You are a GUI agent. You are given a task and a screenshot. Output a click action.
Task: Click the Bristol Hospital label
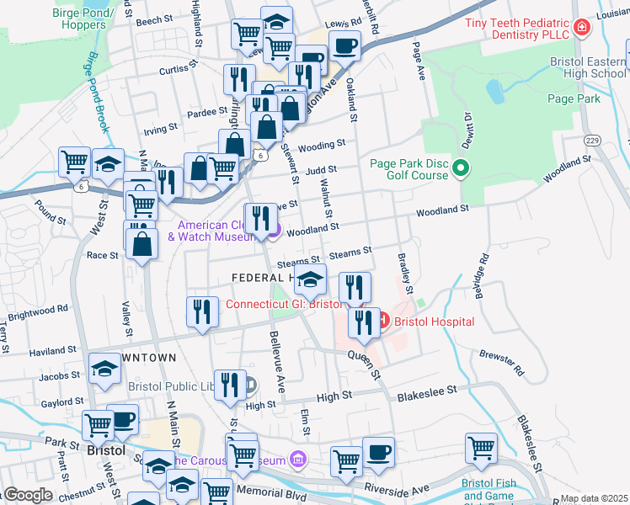434,322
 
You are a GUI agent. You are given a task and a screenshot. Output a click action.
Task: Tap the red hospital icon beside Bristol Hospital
383,321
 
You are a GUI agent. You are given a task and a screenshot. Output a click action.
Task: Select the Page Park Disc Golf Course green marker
461,169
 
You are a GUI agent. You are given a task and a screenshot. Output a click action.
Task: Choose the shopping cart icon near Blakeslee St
482,448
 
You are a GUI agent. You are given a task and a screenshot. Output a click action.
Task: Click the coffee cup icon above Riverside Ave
378,451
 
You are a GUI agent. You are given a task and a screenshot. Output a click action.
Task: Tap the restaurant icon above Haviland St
202,312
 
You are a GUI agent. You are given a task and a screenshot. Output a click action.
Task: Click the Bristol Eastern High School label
587,68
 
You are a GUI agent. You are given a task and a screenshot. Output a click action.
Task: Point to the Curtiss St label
179,67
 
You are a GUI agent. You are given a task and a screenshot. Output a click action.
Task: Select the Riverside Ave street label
397,487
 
